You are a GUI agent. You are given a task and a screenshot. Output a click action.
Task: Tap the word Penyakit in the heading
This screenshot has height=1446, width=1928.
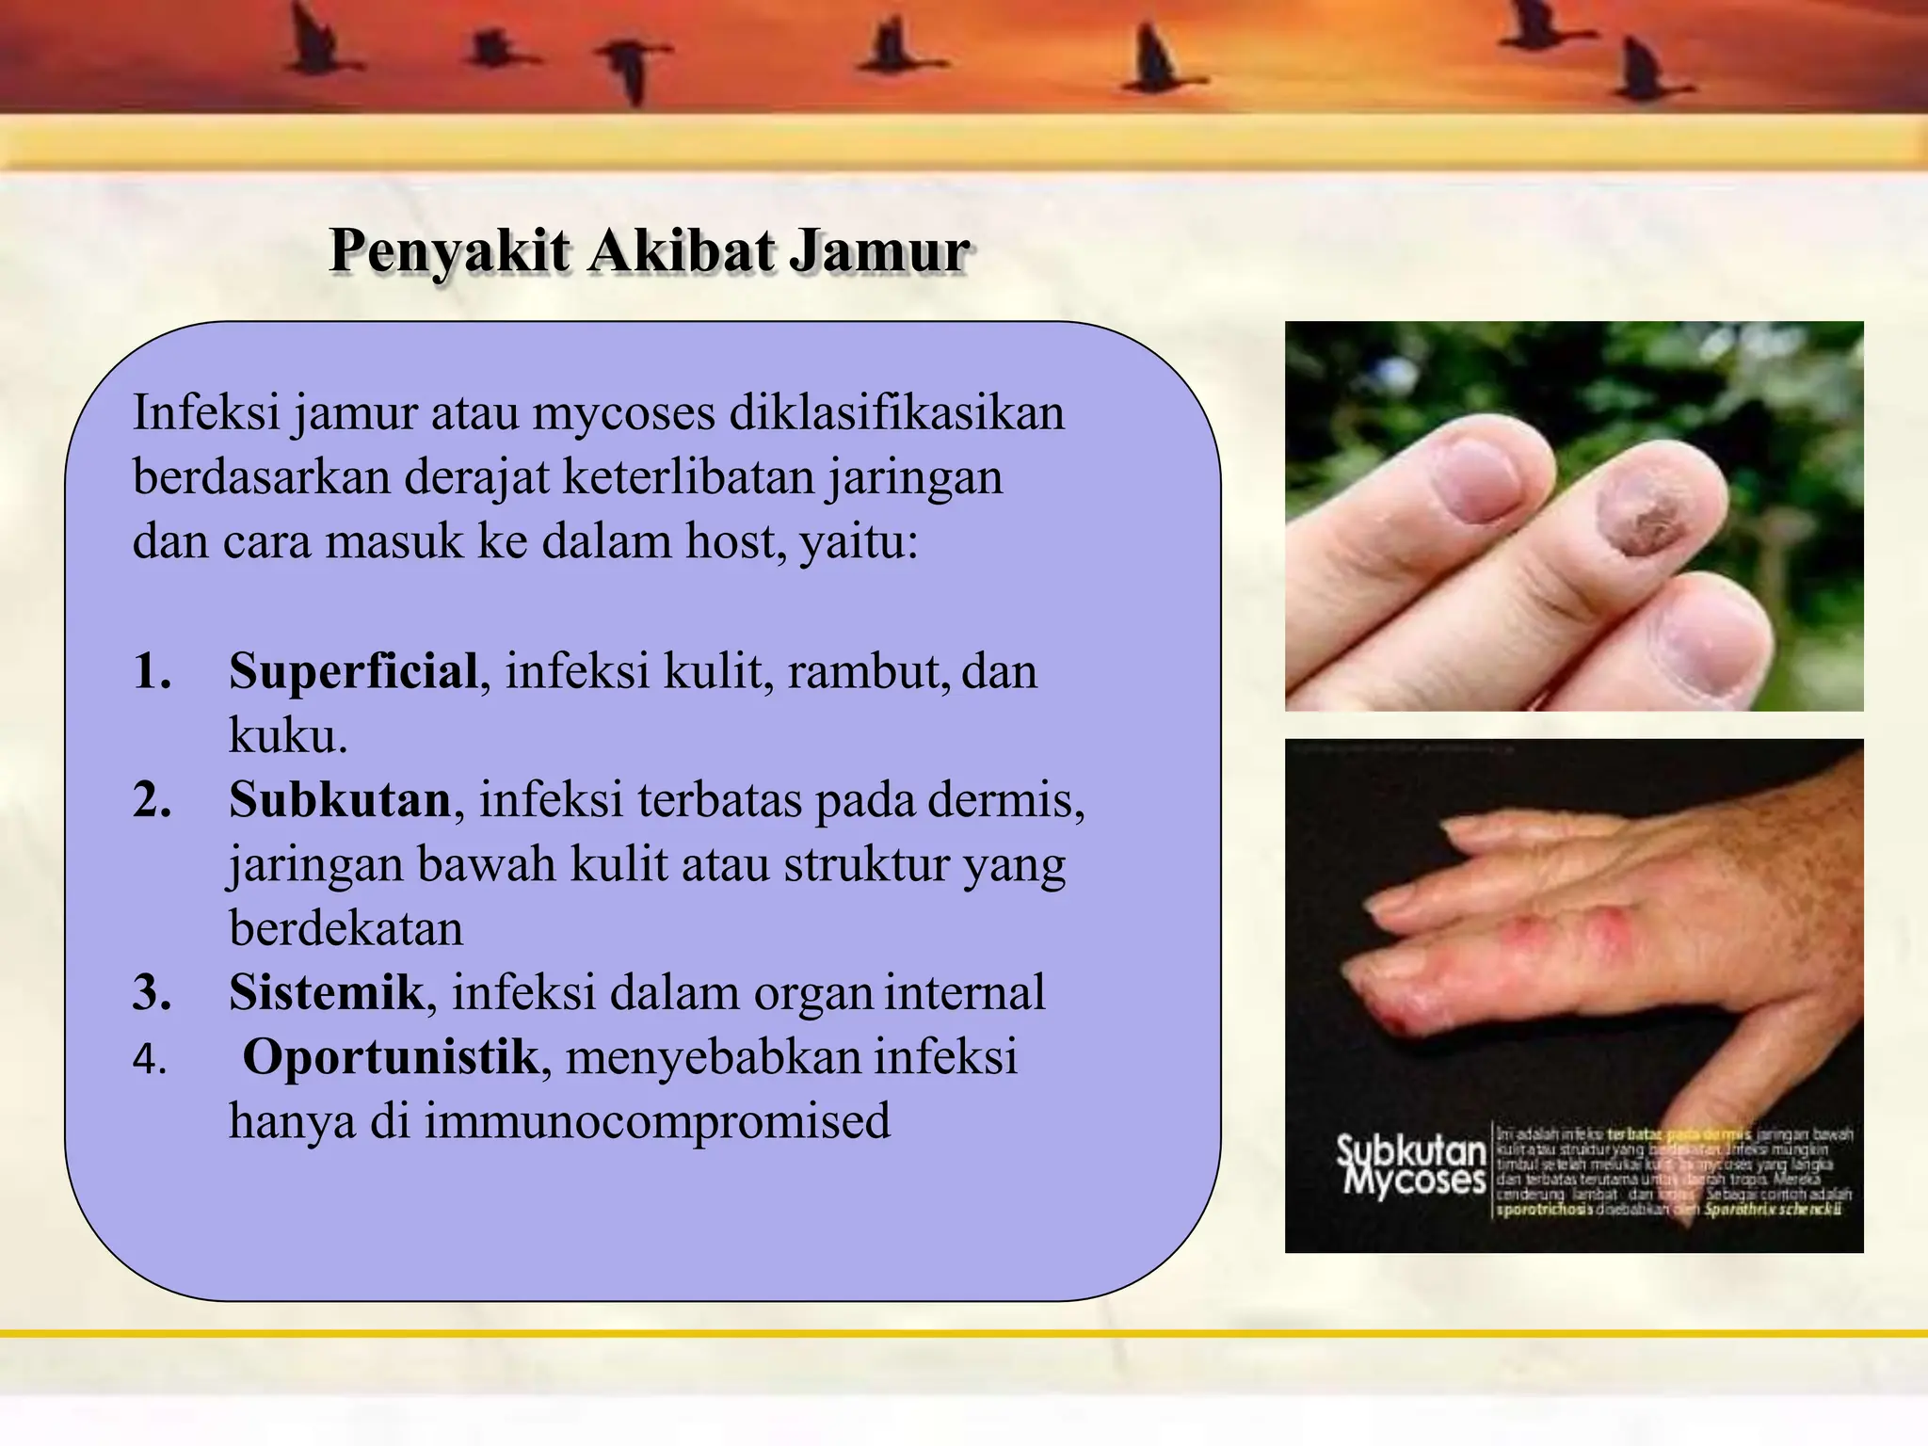pos(450,251)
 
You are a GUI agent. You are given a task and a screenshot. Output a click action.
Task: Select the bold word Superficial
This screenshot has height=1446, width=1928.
pos(353,671)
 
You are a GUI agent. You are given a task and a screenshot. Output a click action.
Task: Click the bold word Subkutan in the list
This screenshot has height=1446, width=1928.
pos(340,800)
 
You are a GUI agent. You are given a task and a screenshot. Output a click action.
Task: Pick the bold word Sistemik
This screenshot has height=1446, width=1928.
pos(326,992)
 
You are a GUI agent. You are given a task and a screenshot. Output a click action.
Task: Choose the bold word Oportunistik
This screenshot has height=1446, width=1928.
pos(390,1056)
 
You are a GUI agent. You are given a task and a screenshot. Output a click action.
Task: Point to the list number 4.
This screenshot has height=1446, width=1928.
pos(150,1060)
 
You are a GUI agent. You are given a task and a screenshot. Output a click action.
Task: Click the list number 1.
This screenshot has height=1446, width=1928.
pos(152,672)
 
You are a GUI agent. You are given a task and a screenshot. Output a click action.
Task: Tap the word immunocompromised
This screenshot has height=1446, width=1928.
pos(657,1121)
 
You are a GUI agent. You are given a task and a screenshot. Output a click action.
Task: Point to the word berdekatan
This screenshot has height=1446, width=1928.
pos(345,928)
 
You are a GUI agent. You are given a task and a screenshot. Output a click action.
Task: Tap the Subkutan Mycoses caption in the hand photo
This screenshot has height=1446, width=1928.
pos(1411,1165)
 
